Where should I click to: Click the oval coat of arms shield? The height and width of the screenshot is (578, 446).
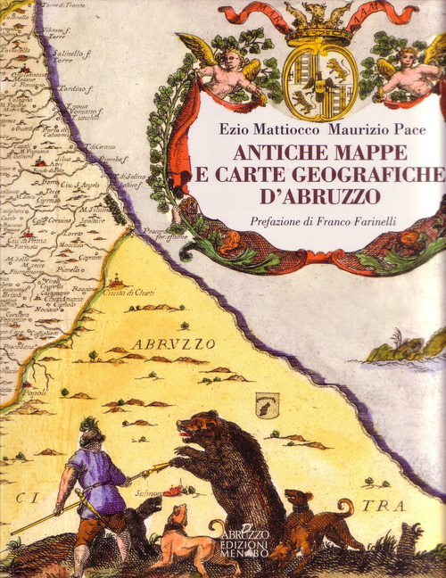318,84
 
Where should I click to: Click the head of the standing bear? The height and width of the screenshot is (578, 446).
201,428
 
